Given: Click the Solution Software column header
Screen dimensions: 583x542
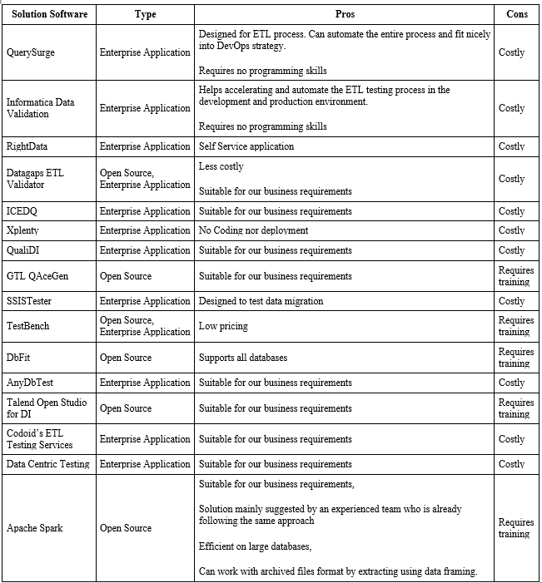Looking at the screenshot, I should tap(49, 14).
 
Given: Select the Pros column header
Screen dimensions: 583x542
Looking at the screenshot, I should tap(345, 14).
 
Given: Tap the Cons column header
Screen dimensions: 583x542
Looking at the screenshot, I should tap(517, 14).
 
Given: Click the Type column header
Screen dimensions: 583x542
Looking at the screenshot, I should tap(145, 14).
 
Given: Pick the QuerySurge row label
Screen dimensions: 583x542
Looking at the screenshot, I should tap(32, 52).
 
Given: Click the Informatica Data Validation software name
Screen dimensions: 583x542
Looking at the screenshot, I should tap(41, 108).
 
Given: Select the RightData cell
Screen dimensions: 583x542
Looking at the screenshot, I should tap(27, 146).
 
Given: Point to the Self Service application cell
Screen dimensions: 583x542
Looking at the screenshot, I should tap(246, 146).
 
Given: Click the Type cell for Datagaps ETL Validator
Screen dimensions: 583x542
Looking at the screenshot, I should tap(145, 179).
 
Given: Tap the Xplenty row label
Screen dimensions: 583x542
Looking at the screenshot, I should tap(23, 230).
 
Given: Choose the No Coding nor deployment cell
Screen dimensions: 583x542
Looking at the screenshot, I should tap(253, 230).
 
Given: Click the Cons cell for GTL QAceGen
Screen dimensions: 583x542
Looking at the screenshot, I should tap(516, 276).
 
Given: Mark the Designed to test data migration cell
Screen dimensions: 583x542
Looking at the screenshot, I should tap(261, 301).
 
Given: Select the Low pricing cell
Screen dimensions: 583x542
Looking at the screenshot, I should tap(223, 326).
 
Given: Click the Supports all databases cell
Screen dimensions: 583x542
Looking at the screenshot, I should tap(243, 358).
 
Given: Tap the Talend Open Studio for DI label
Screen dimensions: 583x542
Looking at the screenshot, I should tap(47, 408).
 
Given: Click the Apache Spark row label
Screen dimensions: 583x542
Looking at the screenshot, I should tap(35, 528).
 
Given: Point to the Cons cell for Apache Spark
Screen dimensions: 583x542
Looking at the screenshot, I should tap(516, 528).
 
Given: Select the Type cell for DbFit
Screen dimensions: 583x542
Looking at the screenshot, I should tap(126, 358).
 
